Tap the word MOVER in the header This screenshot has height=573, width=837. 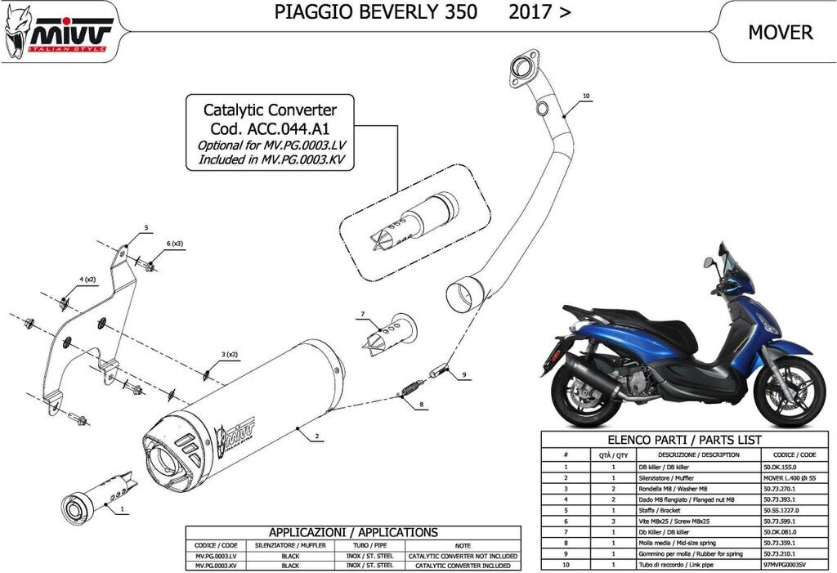(x=780, y=32)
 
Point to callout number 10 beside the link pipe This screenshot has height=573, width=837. (x=585, y=96)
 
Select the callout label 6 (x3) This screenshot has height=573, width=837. (x=176, y=244)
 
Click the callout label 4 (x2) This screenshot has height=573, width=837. (x=87, y=280)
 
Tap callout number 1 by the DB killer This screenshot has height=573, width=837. (x=122, y=508)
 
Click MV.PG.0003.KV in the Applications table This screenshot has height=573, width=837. (x=215, y=565)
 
